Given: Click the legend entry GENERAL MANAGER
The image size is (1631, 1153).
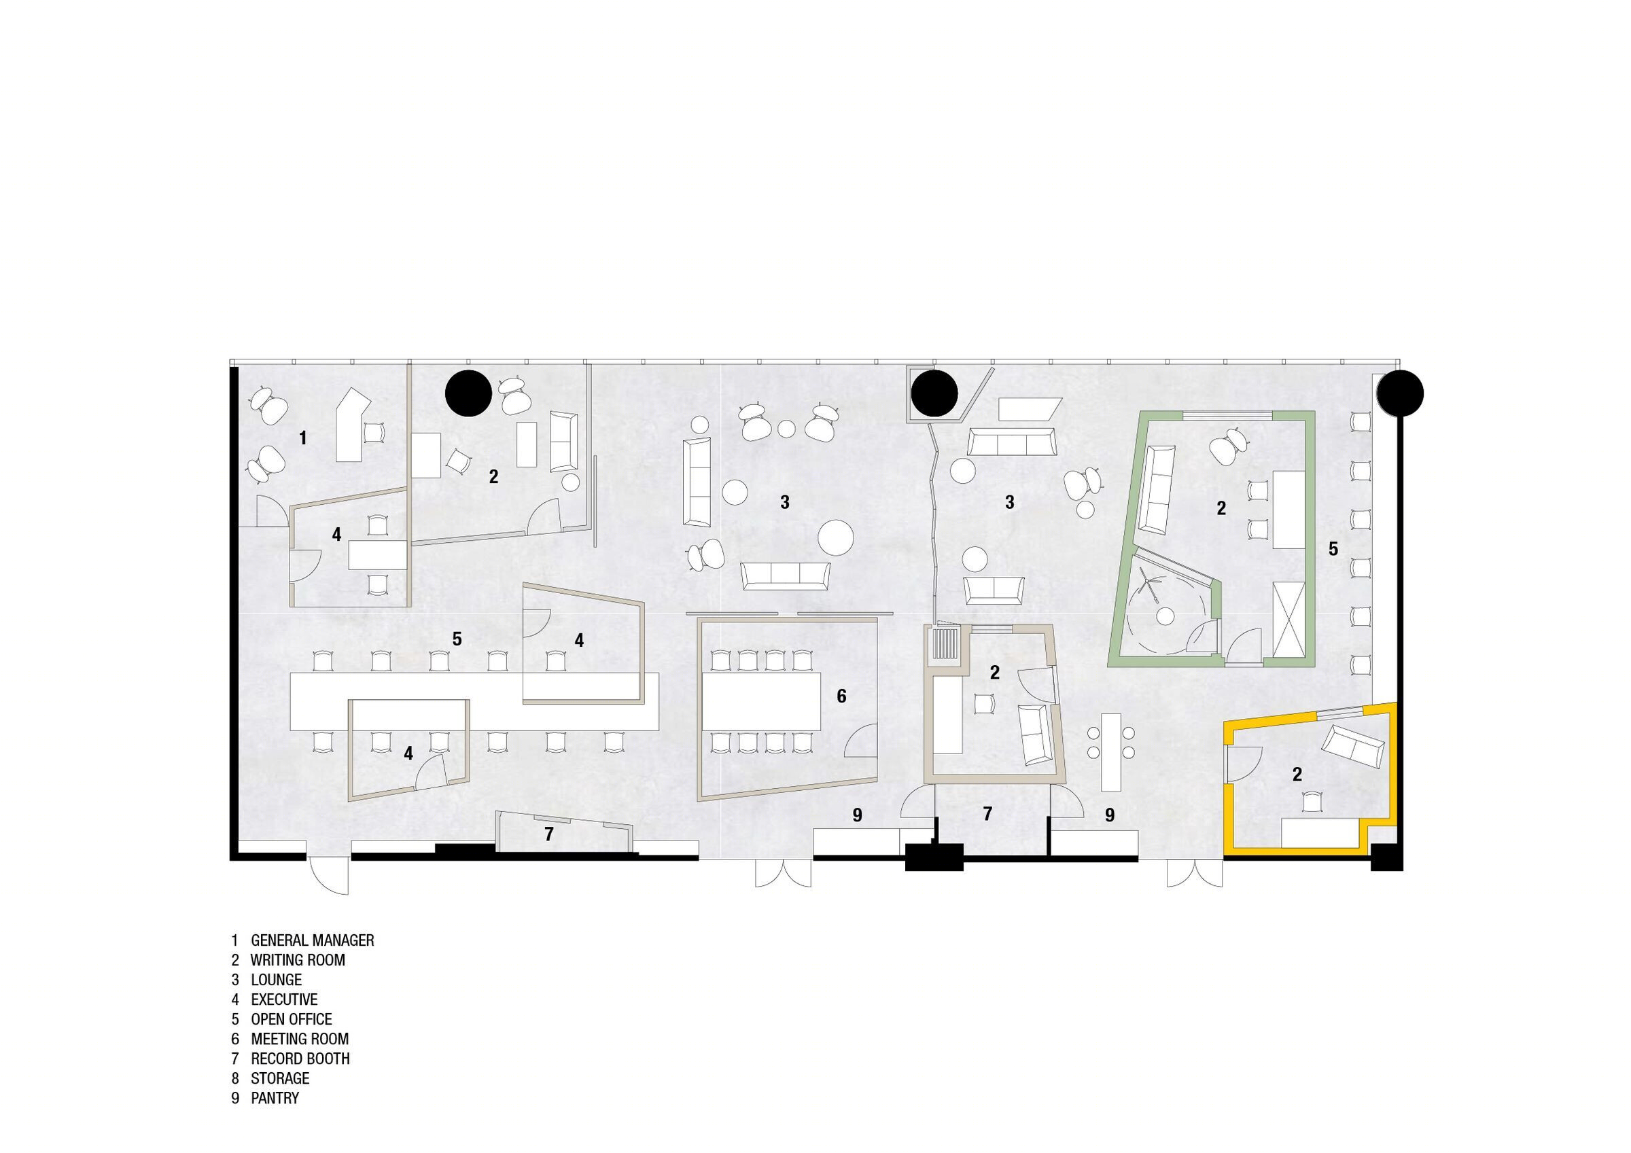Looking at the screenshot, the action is tap(313, 940).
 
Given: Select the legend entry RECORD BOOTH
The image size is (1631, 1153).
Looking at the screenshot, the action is tap(300, 1058).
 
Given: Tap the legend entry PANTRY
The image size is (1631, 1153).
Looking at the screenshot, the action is tap(275, 1097).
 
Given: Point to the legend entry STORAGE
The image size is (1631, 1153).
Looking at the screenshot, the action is tap(280, 1078).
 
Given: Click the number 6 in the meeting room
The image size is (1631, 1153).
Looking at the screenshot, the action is tap(842, 696).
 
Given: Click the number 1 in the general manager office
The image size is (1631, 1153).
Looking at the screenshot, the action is tap(303, 438).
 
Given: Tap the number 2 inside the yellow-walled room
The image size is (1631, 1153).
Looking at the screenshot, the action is tap(1297, 775).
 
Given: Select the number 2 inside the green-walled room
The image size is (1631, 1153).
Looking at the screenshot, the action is tap(1221, 508).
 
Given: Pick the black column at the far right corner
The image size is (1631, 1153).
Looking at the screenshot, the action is tap(1400, 393).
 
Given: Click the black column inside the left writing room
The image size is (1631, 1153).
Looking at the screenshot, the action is tap(469, 393).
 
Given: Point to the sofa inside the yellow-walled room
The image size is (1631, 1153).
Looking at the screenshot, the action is tap(1352, 746).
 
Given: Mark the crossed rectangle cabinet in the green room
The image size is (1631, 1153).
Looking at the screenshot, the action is tap(1288, 620).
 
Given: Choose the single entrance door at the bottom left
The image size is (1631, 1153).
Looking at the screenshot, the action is tap(329, 875).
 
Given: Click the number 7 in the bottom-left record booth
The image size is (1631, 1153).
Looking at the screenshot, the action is tap(548, 835).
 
